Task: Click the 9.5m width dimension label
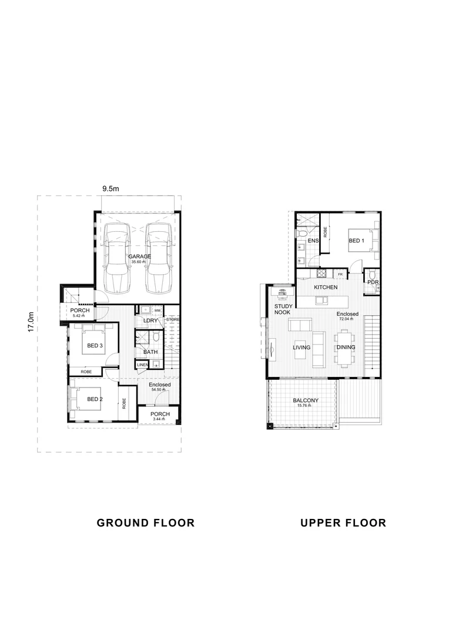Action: pyautogui.click(x=110, y=188)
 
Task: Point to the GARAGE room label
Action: pyautogui.click(x=139, y=257)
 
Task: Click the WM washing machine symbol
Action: pyautogui.click(x=158, y=311)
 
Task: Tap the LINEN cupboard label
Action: pyautogui.click(x=142, y=365)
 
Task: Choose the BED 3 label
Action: pyautogui.click(x=95, y=346)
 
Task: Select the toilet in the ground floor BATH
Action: pyautogui.click(x=155, y=338)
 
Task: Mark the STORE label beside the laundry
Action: pyautogui.click(x=173, y=319)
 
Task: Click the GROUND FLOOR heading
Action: pyautogui.click(x=145, y=522)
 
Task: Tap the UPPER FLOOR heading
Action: pyautogui.click(x=343, y=522)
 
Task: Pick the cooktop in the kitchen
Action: pyautogui.click(x=321, y=274)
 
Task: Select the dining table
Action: pyautogui.click(x=344, y=348)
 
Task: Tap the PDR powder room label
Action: pyautogui.click(x=373, y=282)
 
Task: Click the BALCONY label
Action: pyautogui.click(x=306, y=401)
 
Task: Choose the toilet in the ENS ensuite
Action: pyautogui.click(x=301, y=234)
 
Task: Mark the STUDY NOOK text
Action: pyautogui.click(x=284, y=310)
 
